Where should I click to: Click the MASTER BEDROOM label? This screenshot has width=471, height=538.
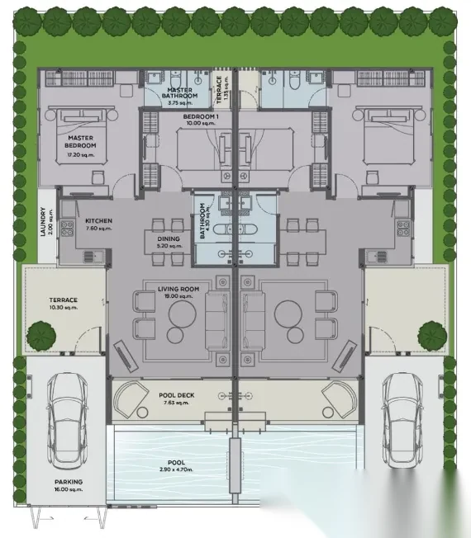(x=80, y=141)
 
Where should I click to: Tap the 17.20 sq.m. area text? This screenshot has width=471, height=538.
(x=80, y=155)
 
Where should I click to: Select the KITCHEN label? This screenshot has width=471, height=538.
(x=98, y=220)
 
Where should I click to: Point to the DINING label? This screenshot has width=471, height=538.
(x=169, y=238)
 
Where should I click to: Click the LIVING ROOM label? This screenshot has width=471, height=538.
(x=178, y=289)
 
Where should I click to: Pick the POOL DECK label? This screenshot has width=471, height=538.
(x=177, y=395)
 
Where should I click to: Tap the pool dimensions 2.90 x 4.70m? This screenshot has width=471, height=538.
(x=176, y=470)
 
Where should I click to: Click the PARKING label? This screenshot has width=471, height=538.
(x=69, y=482)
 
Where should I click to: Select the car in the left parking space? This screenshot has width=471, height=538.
(x=67, y=421)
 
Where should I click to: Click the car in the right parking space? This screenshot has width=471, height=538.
(x=402, y=421)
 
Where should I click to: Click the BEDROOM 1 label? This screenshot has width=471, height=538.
(x=201, y=116)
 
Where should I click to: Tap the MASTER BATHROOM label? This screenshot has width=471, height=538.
(x=179, y=93)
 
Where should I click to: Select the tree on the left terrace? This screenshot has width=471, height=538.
(x=41, y=336)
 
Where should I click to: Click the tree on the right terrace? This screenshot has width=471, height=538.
(x=432, y=336)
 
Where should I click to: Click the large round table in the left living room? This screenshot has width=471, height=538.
(x=182, y=314)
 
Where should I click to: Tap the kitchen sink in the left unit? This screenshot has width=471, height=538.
(x=93, y=256)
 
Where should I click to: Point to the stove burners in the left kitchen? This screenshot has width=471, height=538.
(x=67, y=229)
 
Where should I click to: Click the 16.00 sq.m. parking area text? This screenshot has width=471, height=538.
(x=69, y=489)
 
